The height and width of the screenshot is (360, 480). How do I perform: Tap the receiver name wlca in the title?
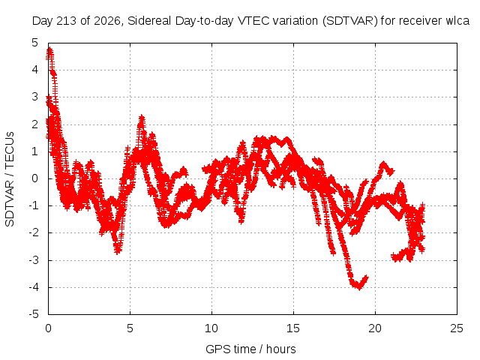(x=457, y=21)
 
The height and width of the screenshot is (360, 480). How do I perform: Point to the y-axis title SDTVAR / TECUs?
(x=10, y=179)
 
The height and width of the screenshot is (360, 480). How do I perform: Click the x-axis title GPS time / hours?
(x=250, y=349)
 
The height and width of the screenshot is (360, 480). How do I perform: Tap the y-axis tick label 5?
(x=35, y=43)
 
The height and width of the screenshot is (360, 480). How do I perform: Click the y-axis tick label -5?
(x=34, y=314)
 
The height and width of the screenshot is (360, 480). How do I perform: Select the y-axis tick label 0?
(x=35, y=178)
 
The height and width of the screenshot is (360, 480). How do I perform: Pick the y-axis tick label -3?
(x=34, y=260)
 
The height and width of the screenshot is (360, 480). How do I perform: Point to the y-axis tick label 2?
(x=35, y=124)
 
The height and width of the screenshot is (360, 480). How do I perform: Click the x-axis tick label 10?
(x=211, y=328)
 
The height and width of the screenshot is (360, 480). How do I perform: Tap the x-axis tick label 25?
(x=457, y=328)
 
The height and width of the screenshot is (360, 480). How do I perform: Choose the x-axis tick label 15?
(x=293, y=328)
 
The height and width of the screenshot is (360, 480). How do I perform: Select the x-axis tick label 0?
(x=48, y=328)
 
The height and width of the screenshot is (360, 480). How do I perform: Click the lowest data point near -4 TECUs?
(x=359, y=288)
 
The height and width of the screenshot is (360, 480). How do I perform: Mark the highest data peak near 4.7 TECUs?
(x=49, y=49)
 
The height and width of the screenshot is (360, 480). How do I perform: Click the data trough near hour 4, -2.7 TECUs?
(x=118, y=251)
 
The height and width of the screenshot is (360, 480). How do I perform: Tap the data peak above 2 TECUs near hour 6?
(x=142, y=117)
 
